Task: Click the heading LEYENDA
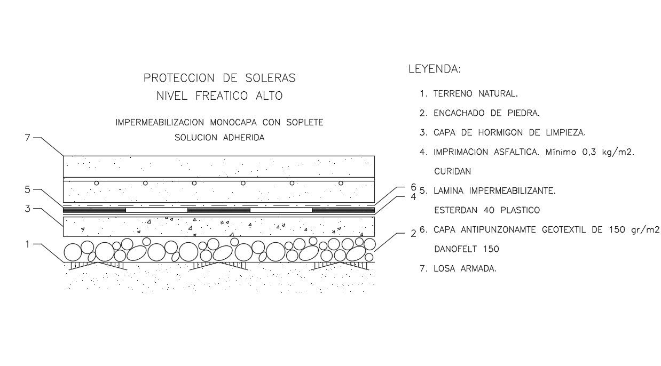[434, 69]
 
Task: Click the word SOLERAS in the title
[270, 78]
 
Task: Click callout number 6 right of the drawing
[413, 187]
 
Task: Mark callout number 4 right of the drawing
[413, 196]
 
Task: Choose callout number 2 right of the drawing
[413, 233]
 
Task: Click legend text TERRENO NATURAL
[475, 94]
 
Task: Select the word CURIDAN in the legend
[452, 172]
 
